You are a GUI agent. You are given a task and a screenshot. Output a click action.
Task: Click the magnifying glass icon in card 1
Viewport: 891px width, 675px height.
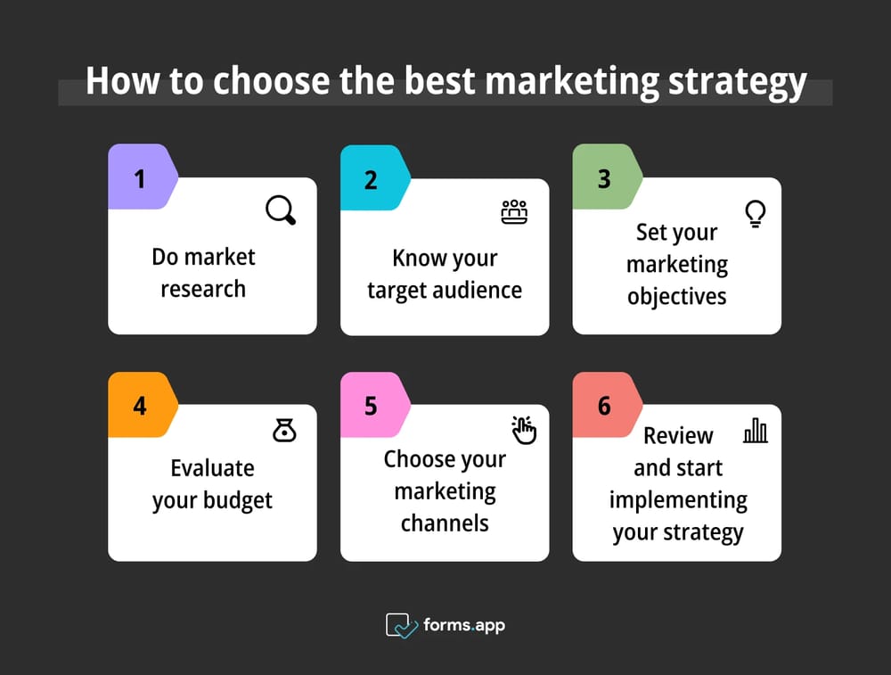281,210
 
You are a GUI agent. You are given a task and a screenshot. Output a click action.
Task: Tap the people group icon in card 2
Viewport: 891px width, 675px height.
514,212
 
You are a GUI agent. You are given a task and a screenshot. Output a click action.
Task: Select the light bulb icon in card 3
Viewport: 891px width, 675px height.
756,214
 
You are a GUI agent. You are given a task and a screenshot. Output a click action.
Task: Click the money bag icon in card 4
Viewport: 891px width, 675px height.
284,431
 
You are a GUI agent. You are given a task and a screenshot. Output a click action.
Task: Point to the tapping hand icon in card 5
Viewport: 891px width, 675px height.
523,430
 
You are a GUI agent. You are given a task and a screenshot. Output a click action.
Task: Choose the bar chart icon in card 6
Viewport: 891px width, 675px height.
756,431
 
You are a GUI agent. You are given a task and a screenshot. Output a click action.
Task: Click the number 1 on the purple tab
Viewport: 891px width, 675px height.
140,179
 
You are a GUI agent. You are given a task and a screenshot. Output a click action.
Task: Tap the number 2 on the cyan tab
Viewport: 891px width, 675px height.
371,180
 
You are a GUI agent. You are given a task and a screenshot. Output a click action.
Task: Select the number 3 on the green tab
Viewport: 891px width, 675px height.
604,179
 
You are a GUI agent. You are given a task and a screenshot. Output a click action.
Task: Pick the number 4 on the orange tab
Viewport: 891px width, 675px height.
140,406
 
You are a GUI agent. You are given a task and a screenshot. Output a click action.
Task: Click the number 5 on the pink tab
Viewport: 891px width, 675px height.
371,406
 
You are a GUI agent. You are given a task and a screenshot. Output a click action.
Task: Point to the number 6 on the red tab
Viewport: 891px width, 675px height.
604,406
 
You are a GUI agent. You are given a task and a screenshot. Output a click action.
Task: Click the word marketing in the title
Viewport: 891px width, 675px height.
572,81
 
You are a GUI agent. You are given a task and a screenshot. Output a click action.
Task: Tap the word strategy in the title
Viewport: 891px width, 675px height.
738,82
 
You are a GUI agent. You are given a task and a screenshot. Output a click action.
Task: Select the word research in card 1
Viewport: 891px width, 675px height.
203,289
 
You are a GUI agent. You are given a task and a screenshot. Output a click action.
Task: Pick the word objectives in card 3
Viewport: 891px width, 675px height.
677,297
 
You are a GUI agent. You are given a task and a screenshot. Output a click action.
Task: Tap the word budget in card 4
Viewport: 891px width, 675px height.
238,500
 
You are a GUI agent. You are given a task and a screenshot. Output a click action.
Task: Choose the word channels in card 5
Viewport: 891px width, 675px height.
445,523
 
